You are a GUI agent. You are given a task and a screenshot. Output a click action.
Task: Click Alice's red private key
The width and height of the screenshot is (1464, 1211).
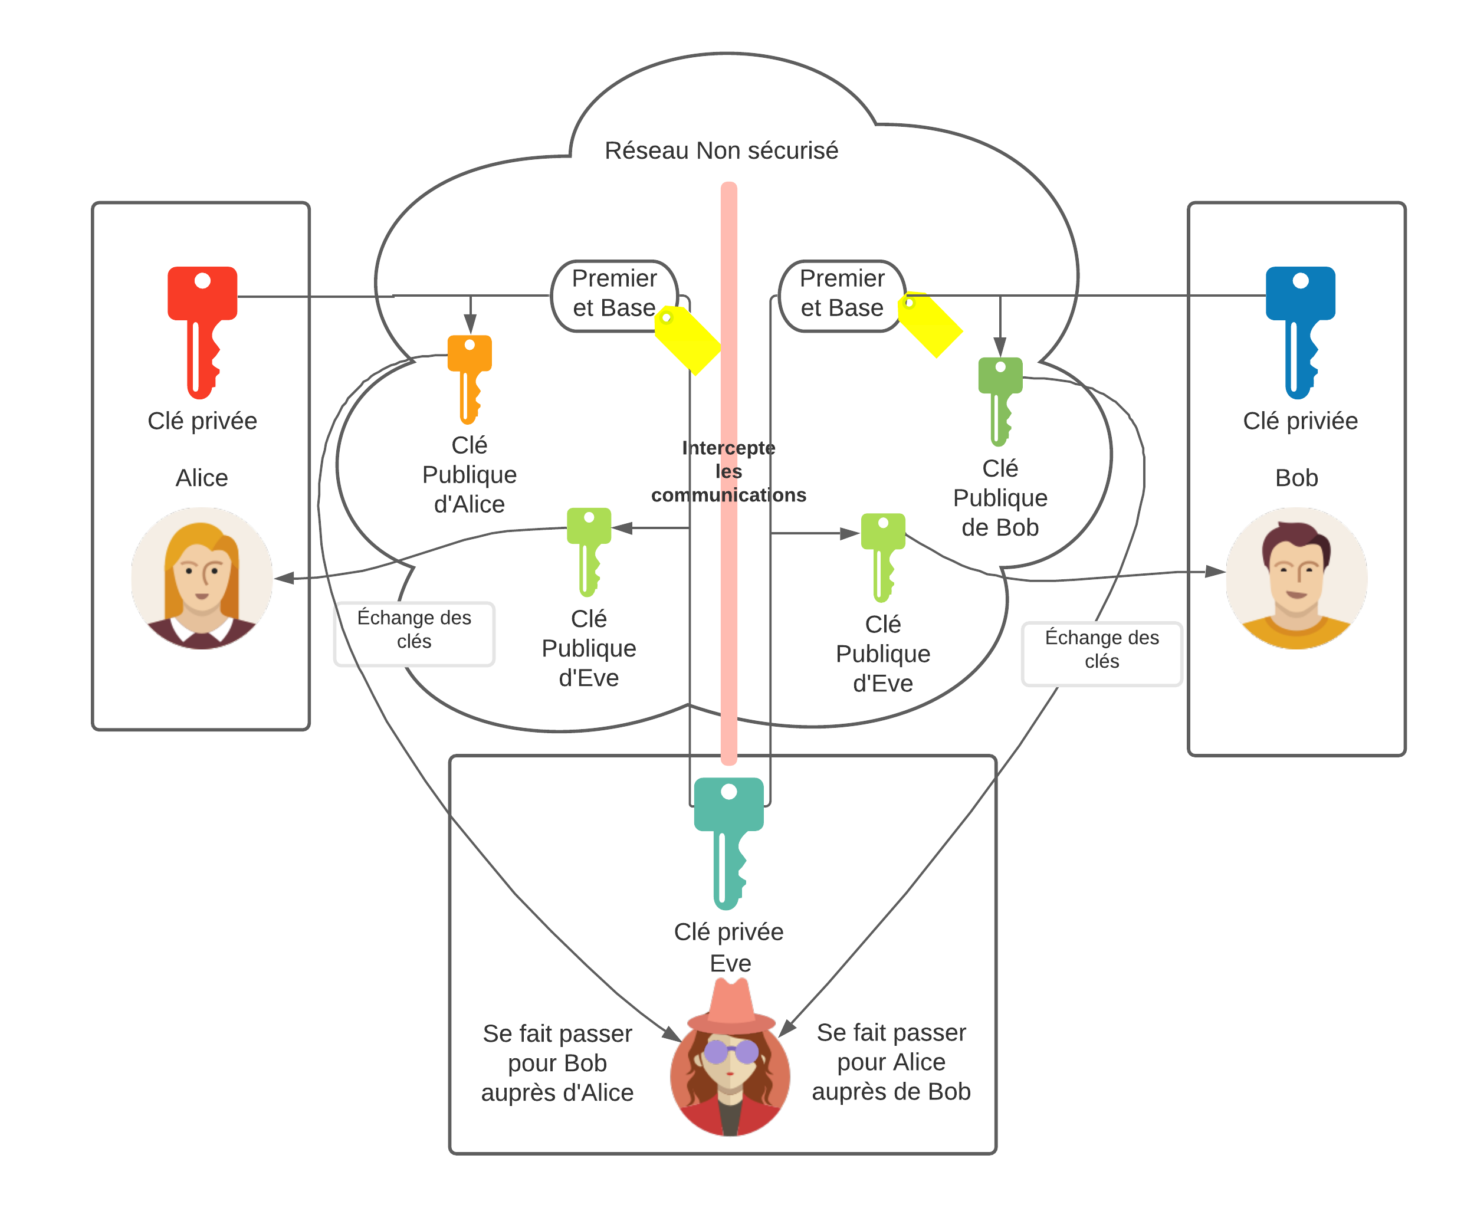(x=202, y=332)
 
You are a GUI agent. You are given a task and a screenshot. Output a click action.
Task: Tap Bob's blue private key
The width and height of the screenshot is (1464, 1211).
(x=1300, y=332)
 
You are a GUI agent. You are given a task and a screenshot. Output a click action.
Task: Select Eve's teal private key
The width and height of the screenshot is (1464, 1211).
(x=728, y=844)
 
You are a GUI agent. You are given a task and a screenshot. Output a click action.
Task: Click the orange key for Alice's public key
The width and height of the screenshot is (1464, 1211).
(x=469, y=379)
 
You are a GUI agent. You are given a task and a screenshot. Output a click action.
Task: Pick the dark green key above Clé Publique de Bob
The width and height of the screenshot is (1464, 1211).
(x=1000, y=402)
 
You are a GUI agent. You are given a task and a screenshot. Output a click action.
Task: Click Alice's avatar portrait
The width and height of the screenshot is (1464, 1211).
(x=202, y=578)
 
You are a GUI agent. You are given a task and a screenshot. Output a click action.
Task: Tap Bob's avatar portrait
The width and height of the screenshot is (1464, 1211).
(x=1296, y=578)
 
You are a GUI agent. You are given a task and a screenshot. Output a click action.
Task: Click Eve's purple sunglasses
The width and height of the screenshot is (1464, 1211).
(x=731, y=1051)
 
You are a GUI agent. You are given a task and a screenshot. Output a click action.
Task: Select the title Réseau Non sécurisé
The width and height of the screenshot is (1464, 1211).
(x=721, y=150)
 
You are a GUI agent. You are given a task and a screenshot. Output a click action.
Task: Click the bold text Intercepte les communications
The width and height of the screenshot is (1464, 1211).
(x=728, y=471)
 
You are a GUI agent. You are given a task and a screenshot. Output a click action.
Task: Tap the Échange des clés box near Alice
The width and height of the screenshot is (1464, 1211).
(x=414, y=634)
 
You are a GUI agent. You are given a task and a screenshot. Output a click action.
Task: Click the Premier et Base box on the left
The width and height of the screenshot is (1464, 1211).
(x=614, y=296)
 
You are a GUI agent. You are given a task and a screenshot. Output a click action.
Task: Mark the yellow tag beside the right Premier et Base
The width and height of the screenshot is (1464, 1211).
(x=930, y=324)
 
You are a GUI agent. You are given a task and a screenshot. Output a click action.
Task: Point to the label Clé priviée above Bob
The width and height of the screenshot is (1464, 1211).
(x=1300, y=421)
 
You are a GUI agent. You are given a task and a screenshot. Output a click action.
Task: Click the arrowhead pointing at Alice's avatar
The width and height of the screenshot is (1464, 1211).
(x=284, y=577)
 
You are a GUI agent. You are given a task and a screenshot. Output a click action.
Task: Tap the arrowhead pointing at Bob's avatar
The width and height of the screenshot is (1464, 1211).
(x=1215, y=571)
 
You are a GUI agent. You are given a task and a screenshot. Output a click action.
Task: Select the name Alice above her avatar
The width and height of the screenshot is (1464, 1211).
(x=202, y=478)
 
